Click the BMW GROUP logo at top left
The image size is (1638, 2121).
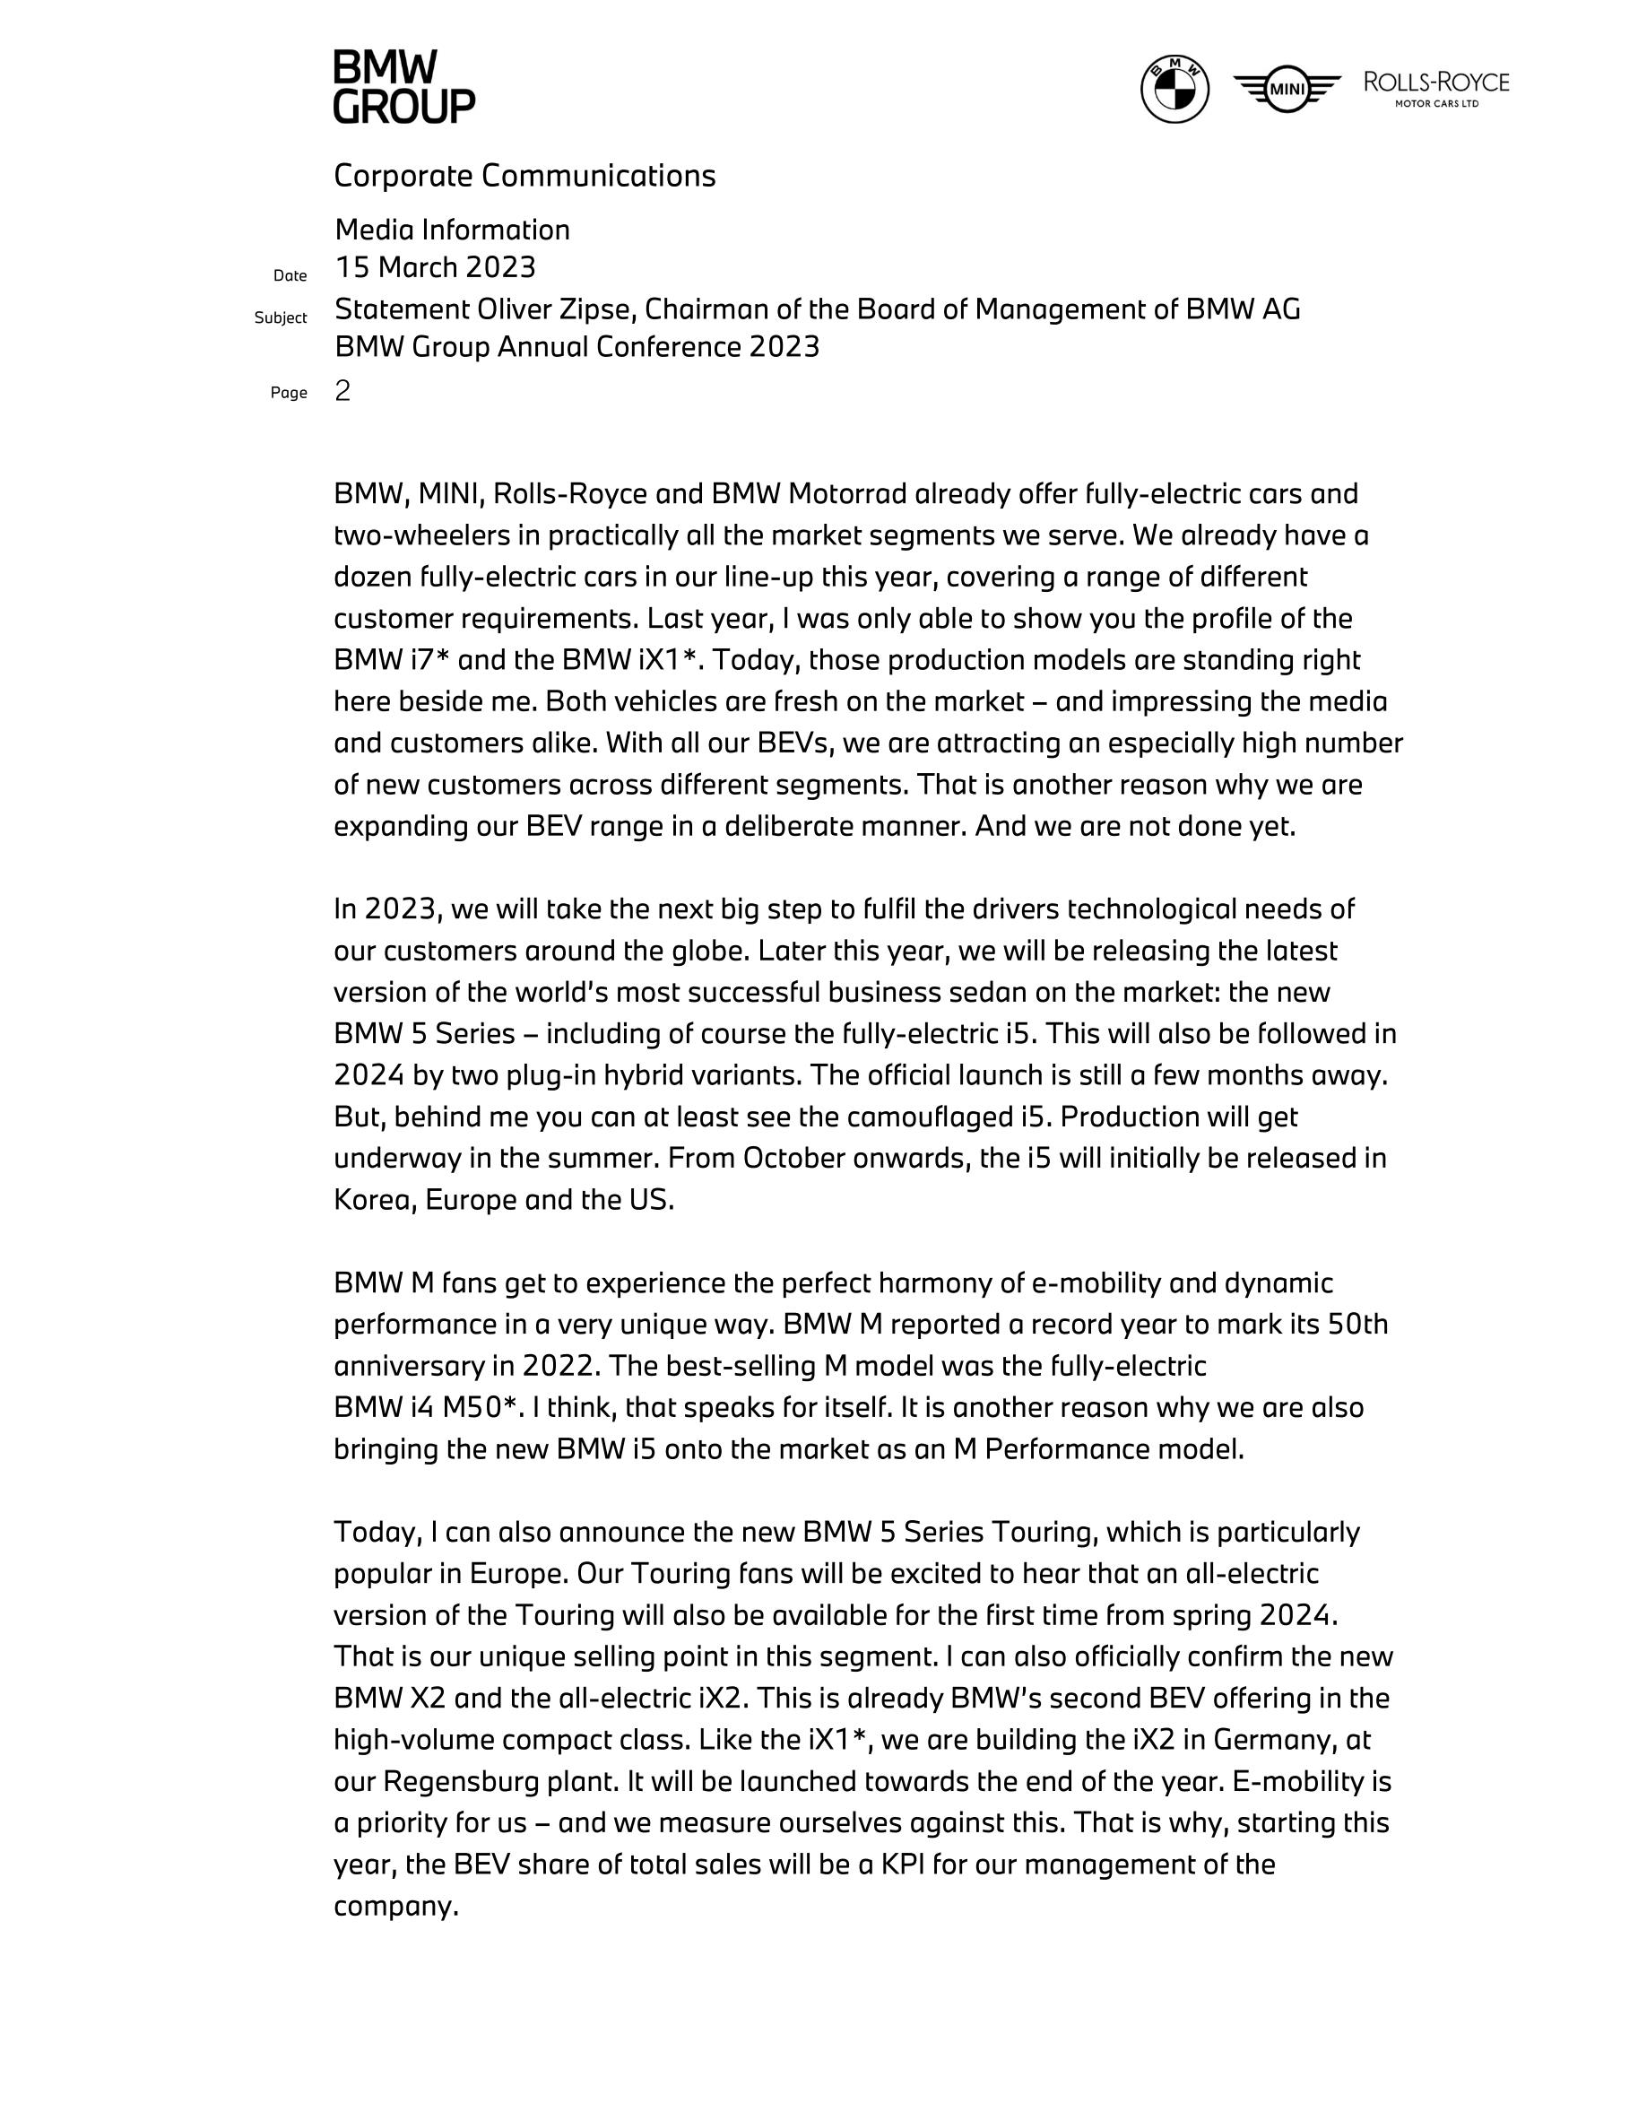[404, 87]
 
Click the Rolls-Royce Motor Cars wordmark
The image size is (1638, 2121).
[1436, 87]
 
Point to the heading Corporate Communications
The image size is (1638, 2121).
[524, 176]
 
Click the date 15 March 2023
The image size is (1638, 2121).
[435, 267]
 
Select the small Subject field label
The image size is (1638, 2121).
[281, 317]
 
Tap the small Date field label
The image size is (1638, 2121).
[290, 276]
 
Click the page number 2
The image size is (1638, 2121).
[342, 390]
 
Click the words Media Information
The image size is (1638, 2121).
[453, 230]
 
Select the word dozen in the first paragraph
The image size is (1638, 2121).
[373, 577]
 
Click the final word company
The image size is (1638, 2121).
[395, 1907]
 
